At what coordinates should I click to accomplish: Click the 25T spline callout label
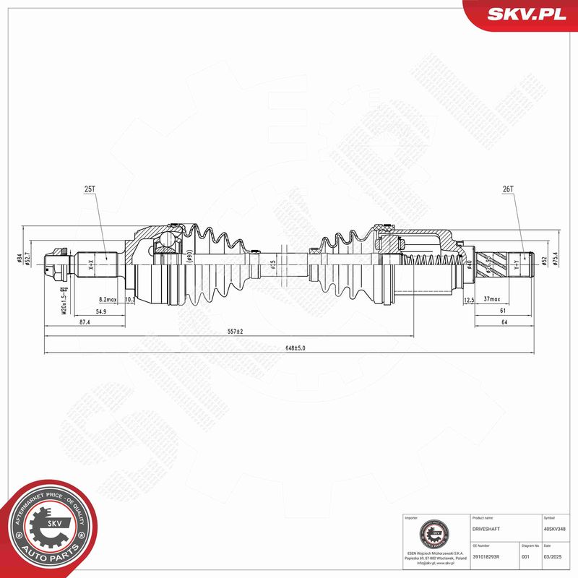coord(90,189)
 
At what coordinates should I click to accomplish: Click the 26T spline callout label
coord(507,189)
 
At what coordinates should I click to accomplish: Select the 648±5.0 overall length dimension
coord(295,348)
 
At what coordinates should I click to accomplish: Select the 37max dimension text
coord(493,299)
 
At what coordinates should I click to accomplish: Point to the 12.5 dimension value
coord(468,299)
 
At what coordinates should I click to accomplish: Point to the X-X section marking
coord(91,265)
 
